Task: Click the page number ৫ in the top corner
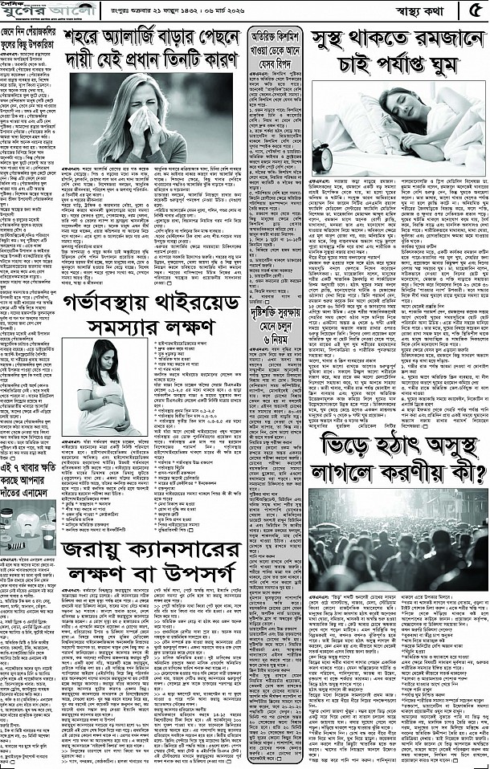[x=474, y=10]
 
